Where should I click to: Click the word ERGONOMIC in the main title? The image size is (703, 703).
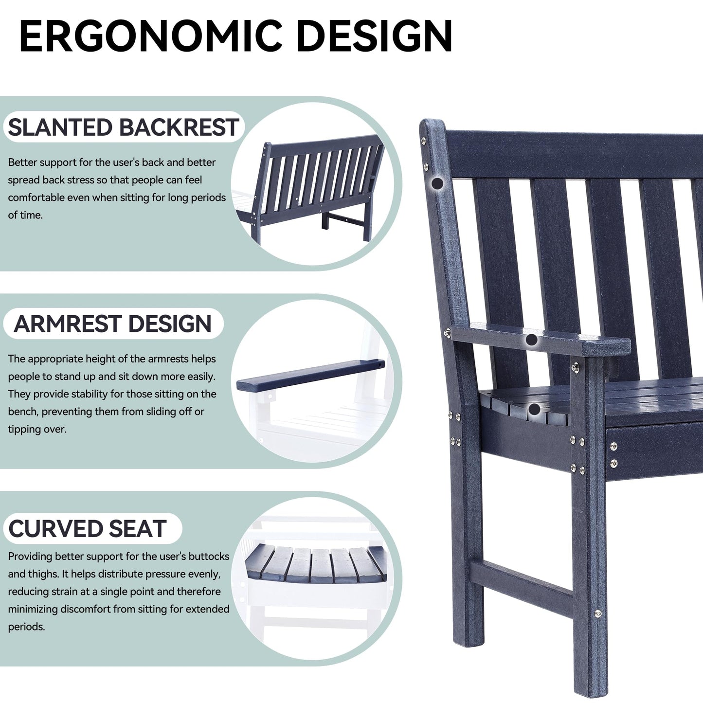coord(151,36)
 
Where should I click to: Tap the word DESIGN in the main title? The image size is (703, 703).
coord(374,36)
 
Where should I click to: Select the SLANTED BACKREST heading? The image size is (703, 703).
coord(124,127)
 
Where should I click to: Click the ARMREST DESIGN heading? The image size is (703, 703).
coord(113,324)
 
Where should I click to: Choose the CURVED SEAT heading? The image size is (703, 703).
coord(88,529)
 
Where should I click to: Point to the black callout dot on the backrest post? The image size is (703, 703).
coord(438,183)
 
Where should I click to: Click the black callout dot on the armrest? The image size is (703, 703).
coord(532,339)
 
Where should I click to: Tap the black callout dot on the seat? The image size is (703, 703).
coord(534,409)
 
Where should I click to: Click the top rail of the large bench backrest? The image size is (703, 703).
coord(574,153)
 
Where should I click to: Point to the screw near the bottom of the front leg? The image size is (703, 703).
coord(598,614)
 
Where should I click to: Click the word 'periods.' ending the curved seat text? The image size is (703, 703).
coord(26,626)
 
